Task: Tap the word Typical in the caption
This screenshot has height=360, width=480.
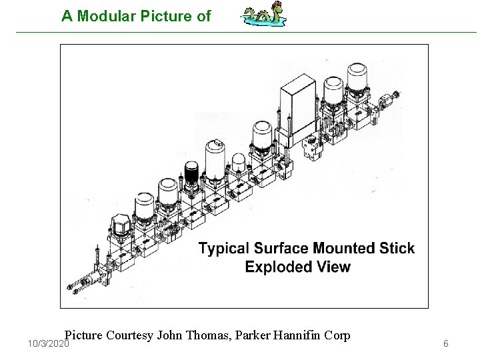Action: [x=225, y=249]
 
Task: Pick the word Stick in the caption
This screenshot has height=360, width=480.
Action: [x=398, y=249]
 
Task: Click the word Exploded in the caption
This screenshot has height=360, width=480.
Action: [x=275, y=267]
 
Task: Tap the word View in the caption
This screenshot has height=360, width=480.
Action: [x=333, y=267]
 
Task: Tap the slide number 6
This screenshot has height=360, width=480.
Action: [x=446, y=343]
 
